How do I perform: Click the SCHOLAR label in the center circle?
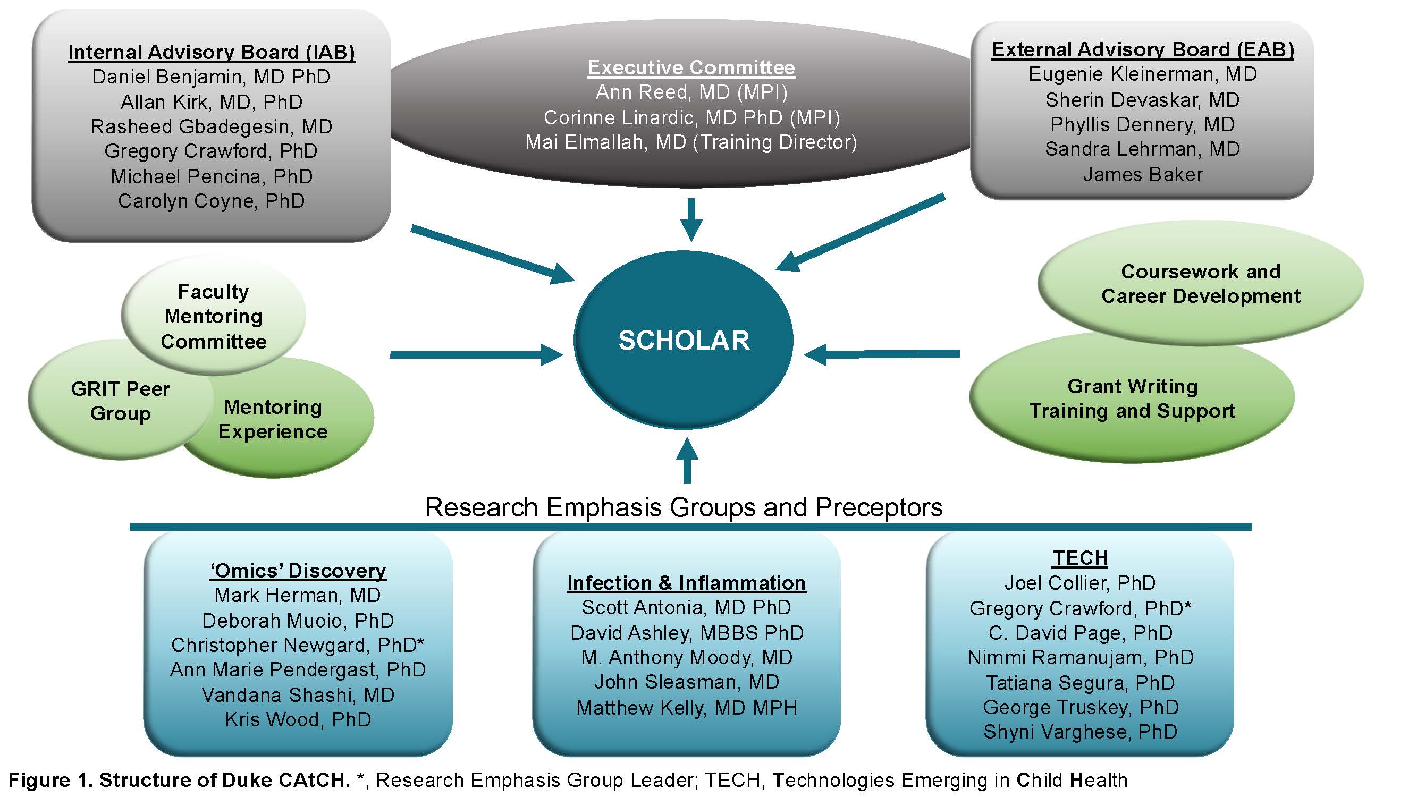pyautogui.click(x=684, y=341)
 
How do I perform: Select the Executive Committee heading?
pyautogui.click(x=691, y=67)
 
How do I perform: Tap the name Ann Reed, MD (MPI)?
pyautogui.click(x=691, y=92)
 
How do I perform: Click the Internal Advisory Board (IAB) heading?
pyautogui.click(x=212, y=52)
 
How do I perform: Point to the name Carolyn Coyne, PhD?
pyautogui.click(x=211, y=201)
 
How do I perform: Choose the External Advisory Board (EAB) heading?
pyautogui.click(x=1143, y=50)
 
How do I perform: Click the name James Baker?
pyautogui.click(x=1143, y=175)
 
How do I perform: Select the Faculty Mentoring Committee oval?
pyautogui.click(x=214, y=316)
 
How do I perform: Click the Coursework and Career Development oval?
pyautogui.click(x=1200, y=284)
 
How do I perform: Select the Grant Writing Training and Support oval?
pyautogui.click(x=1132, y=399)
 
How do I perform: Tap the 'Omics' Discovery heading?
pyautogui.click(x=298, y=571)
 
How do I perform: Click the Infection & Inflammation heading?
pyautogui.click(x=687, y=583)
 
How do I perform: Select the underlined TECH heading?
pyautogui.click(x=1080, y=558)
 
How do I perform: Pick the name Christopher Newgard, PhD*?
pyautogui.click(x=298, y=645)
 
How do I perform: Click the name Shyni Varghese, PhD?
pyautogui.click(x=1080, y=732)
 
